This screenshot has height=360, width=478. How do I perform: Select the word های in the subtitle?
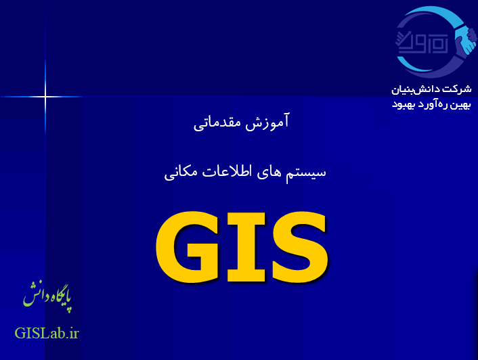point(271,172)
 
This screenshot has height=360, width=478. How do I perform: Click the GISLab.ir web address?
point(47,333)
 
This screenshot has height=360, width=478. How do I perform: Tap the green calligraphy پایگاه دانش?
point(47,295)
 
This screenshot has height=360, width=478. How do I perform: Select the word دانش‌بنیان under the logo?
point(417,89)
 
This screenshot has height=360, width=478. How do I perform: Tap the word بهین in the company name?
point(462,104)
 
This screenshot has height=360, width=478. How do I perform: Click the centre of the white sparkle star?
point(45,97)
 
